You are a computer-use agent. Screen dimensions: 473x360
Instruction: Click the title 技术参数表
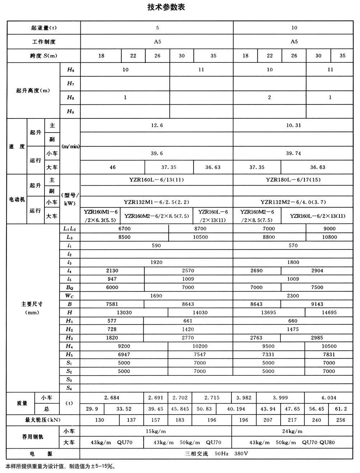point(166,7)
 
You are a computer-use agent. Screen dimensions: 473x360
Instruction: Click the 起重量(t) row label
point(44,28)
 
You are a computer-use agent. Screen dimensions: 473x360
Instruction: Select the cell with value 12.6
point(157,126)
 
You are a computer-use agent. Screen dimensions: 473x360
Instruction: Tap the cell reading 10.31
point(294,126)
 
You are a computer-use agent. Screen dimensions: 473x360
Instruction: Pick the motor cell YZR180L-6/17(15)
point(293,180)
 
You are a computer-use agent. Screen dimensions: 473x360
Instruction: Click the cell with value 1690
point(156,296)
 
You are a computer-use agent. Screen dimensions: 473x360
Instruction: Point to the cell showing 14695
point(329,313)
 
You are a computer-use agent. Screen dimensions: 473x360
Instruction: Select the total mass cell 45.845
point(180,409)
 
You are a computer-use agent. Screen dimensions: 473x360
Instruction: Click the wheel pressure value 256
point(341,420)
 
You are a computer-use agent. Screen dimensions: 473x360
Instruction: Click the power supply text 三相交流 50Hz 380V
point(216,454)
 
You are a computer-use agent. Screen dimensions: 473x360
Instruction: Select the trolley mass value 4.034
point(329,398)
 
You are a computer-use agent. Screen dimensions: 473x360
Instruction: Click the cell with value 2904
point(317,271)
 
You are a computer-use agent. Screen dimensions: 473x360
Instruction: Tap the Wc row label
point(69,296)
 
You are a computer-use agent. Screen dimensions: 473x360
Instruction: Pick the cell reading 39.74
point(294,154)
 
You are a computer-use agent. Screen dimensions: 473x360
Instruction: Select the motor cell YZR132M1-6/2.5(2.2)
point(156,202)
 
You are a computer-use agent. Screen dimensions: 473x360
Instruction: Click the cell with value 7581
point(112,304)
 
